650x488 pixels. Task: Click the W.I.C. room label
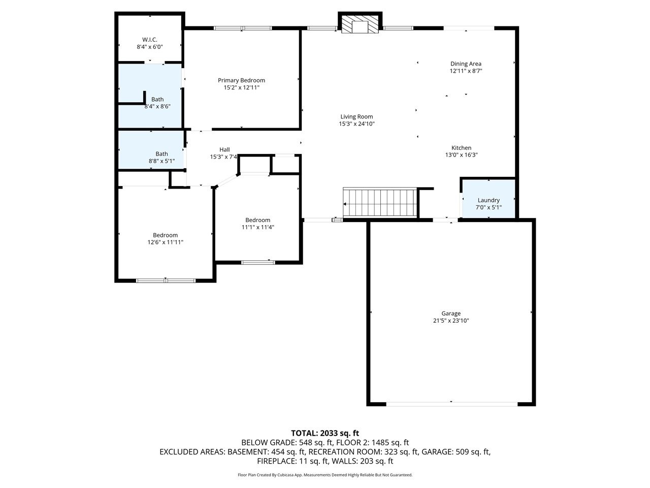click(149, 40)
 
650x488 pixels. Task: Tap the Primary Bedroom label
click(241, 80)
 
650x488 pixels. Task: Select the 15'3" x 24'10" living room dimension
click(356, 124)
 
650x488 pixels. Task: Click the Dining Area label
click(466, 64)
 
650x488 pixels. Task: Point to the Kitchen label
click(461, 148)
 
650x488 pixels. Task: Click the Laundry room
click(489, 203)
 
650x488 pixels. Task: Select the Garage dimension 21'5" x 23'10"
click(451, 321)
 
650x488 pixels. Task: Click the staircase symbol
click(380, 203)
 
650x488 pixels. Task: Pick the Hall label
click(224, 149)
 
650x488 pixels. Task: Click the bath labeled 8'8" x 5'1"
click(161, 157)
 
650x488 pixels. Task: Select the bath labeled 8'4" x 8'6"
click(157, 103)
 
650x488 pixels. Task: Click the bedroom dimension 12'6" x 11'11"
click(166, 242)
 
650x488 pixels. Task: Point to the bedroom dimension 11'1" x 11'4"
click(258, 227)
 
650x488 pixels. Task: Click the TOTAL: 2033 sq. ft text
click(324, 433)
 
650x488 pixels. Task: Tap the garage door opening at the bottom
click(451, 404)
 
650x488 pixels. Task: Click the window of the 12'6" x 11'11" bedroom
click(166, 280)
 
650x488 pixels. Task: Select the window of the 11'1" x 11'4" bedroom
click(258, 262)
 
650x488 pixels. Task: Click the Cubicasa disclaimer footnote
click(325, 475)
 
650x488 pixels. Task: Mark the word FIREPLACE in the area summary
click(277, 462)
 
